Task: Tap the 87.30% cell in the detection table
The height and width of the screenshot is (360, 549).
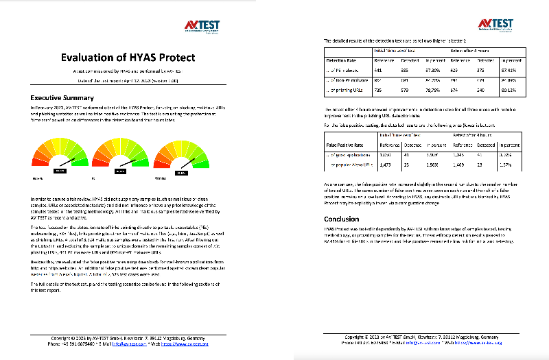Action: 431,70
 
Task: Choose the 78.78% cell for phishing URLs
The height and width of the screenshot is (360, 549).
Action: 431,90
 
